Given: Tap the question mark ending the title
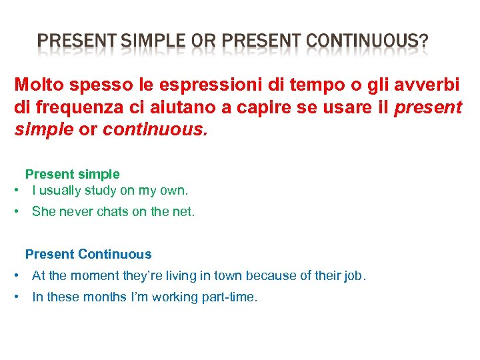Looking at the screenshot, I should (423, 43).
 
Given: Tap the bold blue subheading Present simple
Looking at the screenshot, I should (72, 174).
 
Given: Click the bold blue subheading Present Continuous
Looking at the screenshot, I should (88, 254).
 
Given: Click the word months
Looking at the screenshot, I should (105, 297).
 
